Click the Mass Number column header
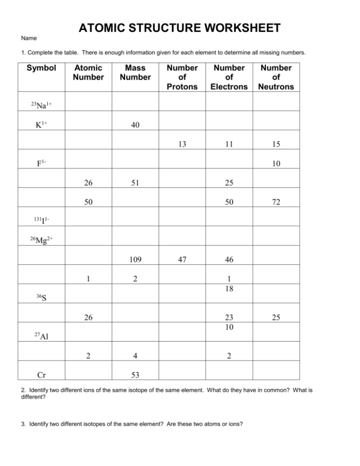(135, 73)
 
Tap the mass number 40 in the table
(135, 125)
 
